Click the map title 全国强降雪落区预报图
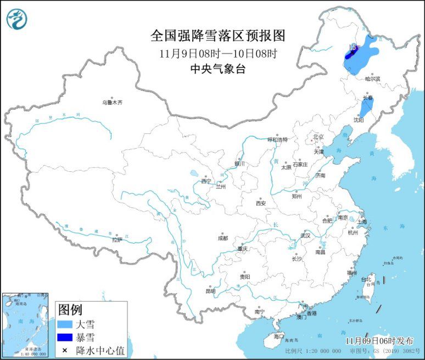click(x=218, y=36)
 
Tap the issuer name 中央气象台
click(x=218, y=69)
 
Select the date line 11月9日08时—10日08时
click(x=218, y=54)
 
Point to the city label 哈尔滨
click(x=372, y=78)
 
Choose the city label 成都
click(x=222, y=238)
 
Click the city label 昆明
click(x=210, y=291)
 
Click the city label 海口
click(x=279, y=336)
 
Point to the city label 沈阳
click(x=359, y=119)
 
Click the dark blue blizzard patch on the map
click(x=349, y=54)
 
